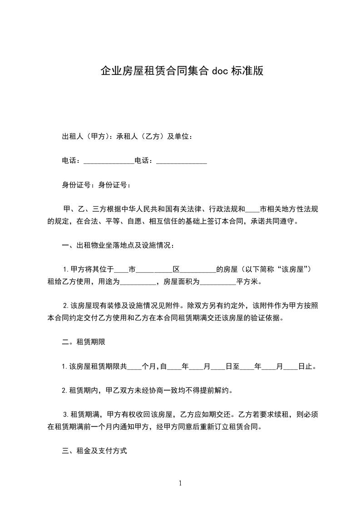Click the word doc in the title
click(x=220, y=71)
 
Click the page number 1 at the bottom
click(x=180, y=483)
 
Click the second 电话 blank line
click(x=182, y=161)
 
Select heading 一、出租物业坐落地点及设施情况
click(x=118, y=246)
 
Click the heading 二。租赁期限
click(x=84, y=342)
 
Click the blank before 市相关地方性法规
click(x=252, y=210)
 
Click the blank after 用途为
click(x=138, y=282)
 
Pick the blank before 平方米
click(x=217, y=282)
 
